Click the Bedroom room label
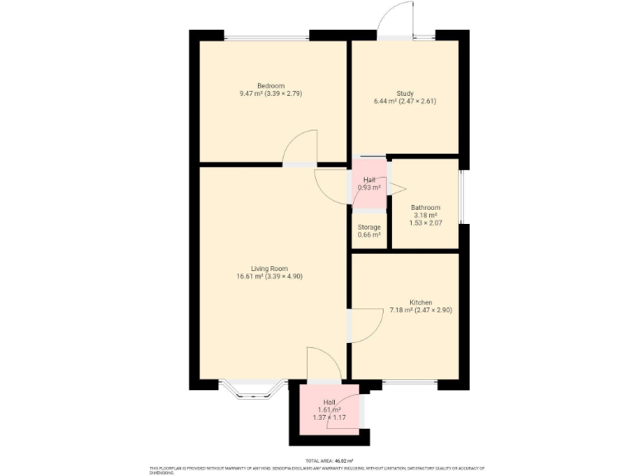pyautogui.click(x=270, y=86)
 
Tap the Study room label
pyautogui.click(x=404, y=93)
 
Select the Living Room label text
pyautogui.click(x=269, y=268)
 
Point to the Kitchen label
pyautogui.click(x=420, y=302)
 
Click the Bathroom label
pyautogui.click(x=425, y=207)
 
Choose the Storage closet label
pyautogui.click(x=369, y=227)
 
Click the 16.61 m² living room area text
pyautogui.click(x=269, y=276)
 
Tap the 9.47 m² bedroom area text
pyautogui.click(x=270, y=94)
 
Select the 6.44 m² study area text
pyautogui.click(x=404, y=102)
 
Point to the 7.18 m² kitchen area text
pyautogui.click(x=420, y=311)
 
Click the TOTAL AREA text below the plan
pyautogui.click(x=329, y=461)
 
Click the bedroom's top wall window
pyautogui.click(x=266, y=37)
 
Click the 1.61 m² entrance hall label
pyautogui.click(x=329, y=410)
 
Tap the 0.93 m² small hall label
pyautogui.click(x=369, y=183)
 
